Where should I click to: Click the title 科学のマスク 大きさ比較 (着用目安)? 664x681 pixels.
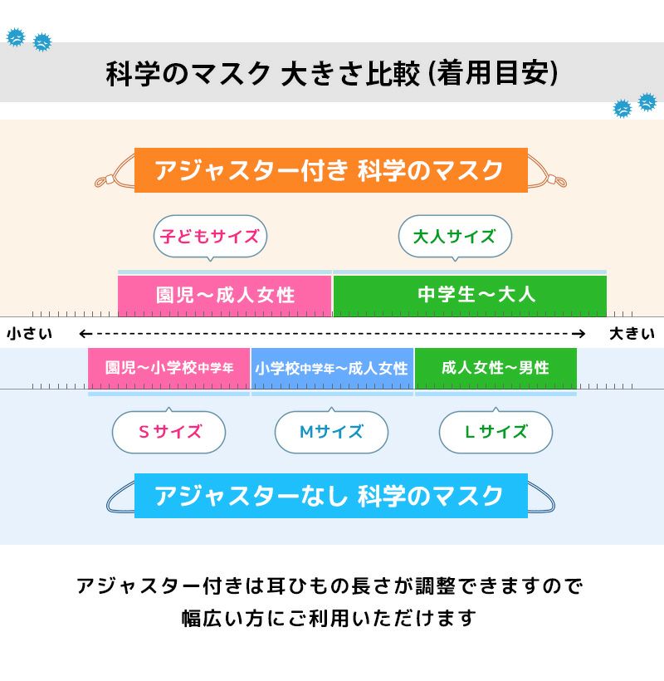pyautogui.click(x=332, y=73)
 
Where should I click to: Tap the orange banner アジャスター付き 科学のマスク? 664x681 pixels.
pyautogui.click(x=331, y=170)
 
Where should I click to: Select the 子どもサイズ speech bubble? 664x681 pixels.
pyautogui.click(x=210, y=238)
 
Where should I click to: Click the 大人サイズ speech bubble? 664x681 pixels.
pyautogui.click(x=455, y=238)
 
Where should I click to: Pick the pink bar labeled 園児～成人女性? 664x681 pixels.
pyautogui.click(x=224, y=296)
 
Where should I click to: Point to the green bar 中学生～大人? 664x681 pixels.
pyautogui.click(x=470, y=296)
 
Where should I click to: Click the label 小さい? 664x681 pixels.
pyautogui.click(x=30, y=334)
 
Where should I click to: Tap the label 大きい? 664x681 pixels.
pyautogui.click(x=632, y=334)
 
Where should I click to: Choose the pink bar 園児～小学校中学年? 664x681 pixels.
pyautogui.click(x=168, y=368)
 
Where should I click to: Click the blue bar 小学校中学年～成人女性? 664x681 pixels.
pyautogui.click(x=332, y=368)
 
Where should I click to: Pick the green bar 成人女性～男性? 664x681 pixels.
pyautogui.click(x=496, y=368)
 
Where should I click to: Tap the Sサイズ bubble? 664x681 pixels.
pyautogui.click(x=168, y=431)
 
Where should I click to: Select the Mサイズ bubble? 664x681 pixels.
pyautogui.click(x=331, y=431)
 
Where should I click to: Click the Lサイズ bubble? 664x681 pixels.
pyautogui.click(x=496, y=431)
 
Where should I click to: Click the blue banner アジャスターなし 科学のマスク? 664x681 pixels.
pyautogui.click(x=331, y=496)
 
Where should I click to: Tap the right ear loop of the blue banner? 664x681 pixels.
pyautogui.click(x=541, y=497)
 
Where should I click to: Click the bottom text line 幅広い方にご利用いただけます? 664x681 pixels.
pyautogui.click(x=329, y=618)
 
